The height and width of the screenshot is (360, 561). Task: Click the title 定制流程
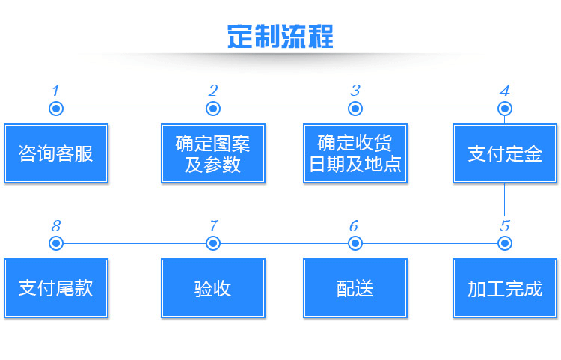(280, 36)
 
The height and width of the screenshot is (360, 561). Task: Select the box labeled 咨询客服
(56, 153)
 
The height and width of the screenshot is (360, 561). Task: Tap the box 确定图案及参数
(213, 153)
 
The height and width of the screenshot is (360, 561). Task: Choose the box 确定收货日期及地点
(355, 153)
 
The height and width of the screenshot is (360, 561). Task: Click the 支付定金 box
(504, 153)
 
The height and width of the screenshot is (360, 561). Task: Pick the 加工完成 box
(504, 288)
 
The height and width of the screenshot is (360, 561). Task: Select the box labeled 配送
(355, 288)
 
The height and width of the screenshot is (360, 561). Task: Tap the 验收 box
(213, 288)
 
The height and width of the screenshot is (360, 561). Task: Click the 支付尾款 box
(56, 288)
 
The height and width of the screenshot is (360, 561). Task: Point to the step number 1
(55, 91)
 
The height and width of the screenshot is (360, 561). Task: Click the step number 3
(355, 91)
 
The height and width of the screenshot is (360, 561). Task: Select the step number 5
(505, 226)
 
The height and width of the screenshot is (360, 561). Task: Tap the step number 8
(56, 226)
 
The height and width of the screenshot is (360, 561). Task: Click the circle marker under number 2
(213, 109)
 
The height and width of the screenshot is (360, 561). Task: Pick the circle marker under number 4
(504, 109)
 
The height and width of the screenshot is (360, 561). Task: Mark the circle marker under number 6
(355, 243)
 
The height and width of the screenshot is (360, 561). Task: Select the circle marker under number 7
(213, 243)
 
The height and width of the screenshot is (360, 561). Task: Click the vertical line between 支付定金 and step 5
(504, 200)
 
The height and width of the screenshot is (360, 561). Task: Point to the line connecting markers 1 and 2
(135, 109)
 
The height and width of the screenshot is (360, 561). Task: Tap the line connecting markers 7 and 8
(135, 243)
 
